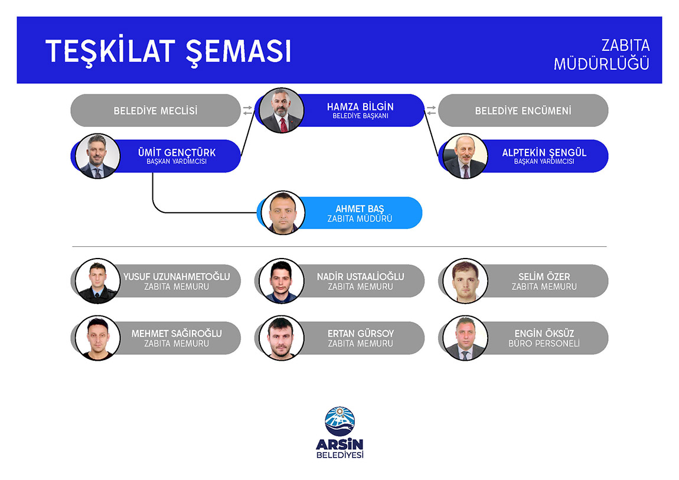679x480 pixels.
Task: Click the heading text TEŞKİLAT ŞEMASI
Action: [168, 51]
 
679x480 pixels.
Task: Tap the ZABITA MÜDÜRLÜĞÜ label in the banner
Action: [602, 54]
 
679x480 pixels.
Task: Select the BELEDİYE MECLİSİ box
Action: [155, 110]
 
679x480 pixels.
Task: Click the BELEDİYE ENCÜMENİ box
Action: [523, 110]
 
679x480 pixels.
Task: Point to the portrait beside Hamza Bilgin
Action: [282, 110]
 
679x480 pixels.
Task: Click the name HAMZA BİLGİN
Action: [360, 106]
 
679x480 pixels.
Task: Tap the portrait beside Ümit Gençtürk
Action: [97, 156]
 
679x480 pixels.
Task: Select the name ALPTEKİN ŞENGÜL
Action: [544, 152]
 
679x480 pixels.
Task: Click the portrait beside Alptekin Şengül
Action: [465, 156]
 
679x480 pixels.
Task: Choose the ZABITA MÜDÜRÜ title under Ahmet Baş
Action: [360, 219]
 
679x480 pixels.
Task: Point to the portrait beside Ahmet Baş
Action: [283, 213]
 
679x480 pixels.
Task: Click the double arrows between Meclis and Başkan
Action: [247, 110]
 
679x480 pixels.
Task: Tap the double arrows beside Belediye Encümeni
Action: [431, 110]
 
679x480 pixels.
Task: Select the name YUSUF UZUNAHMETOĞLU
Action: [177, 276]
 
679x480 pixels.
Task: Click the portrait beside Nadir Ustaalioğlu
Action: [282, 281]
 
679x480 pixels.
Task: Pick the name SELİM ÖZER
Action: [544, 276]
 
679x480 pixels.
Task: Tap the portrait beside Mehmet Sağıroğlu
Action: [97, 338]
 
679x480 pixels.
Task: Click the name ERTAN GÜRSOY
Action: [361, 334]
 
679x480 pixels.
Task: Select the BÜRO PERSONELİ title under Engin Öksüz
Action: [544, 344]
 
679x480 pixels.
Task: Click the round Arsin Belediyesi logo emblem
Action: [340, 421]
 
